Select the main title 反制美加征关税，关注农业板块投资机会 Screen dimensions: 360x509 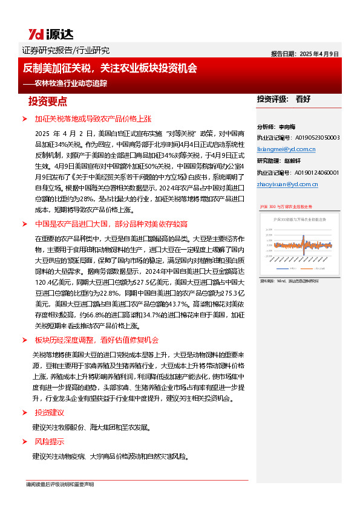tap(114, 69)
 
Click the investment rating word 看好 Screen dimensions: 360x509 tap(304, 99)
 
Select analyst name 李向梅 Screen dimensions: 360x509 tap(289, 127)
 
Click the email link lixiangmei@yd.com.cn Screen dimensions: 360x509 tap(286, 148)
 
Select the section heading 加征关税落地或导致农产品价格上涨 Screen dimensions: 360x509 tap(91, 119)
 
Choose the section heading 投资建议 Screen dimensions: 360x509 tap(49, 412)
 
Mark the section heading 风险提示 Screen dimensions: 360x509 tap(49, 441)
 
